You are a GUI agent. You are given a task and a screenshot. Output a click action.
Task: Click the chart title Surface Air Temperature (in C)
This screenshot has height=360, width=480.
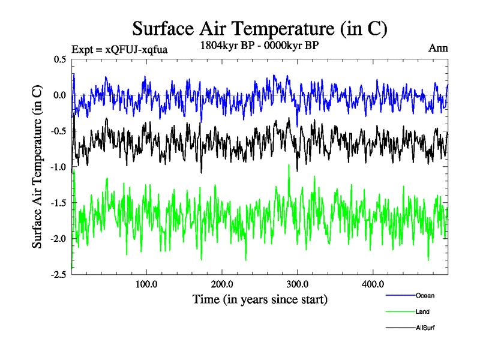(x=260, y=29)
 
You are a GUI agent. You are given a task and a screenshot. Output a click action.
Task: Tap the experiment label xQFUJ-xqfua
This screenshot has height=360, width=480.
(x=119, y=49)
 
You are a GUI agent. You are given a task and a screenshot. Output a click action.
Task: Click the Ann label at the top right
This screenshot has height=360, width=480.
(x=438, y=48)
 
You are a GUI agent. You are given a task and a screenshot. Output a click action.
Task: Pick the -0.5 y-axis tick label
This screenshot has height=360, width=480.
(x=58, y=131)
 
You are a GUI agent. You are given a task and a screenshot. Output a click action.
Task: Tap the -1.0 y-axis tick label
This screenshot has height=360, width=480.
(x=58, y=167)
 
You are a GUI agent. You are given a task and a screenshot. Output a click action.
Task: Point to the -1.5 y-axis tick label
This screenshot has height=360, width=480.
(x=58, y=203)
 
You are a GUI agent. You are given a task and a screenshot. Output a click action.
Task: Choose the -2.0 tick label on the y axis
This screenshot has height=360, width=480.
(x=58, y=239)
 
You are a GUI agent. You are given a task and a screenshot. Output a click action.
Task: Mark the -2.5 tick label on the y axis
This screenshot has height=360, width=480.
(x=58, y=275)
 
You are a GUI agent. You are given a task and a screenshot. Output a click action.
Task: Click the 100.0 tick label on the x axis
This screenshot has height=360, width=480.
(x=146, y=284)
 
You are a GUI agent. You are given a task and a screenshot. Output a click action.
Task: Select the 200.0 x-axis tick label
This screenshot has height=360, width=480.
(x=222, y=284)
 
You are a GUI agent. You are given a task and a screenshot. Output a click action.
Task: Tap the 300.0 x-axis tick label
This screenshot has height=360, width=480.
(x=298, y=284)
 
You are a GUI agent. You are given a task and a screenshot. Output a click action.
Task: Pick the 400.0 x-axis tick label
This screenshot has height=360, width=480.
(x=373, y=284)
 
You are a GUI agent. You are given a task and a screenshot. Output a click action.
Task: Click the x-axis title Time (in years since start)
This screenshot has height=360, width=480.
(x=260, y=298)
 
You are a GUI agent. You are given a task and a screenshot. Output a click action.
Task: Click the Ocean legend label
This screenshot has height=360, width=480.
(x=425, y=295)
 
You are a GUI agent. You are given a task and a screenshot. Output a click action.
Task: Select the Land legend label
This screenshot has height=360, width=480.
(x=422, y=311)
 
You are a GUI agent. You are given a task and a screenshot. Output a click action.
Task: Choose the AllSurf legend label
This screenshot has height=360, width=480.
(x=425, y=328)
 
